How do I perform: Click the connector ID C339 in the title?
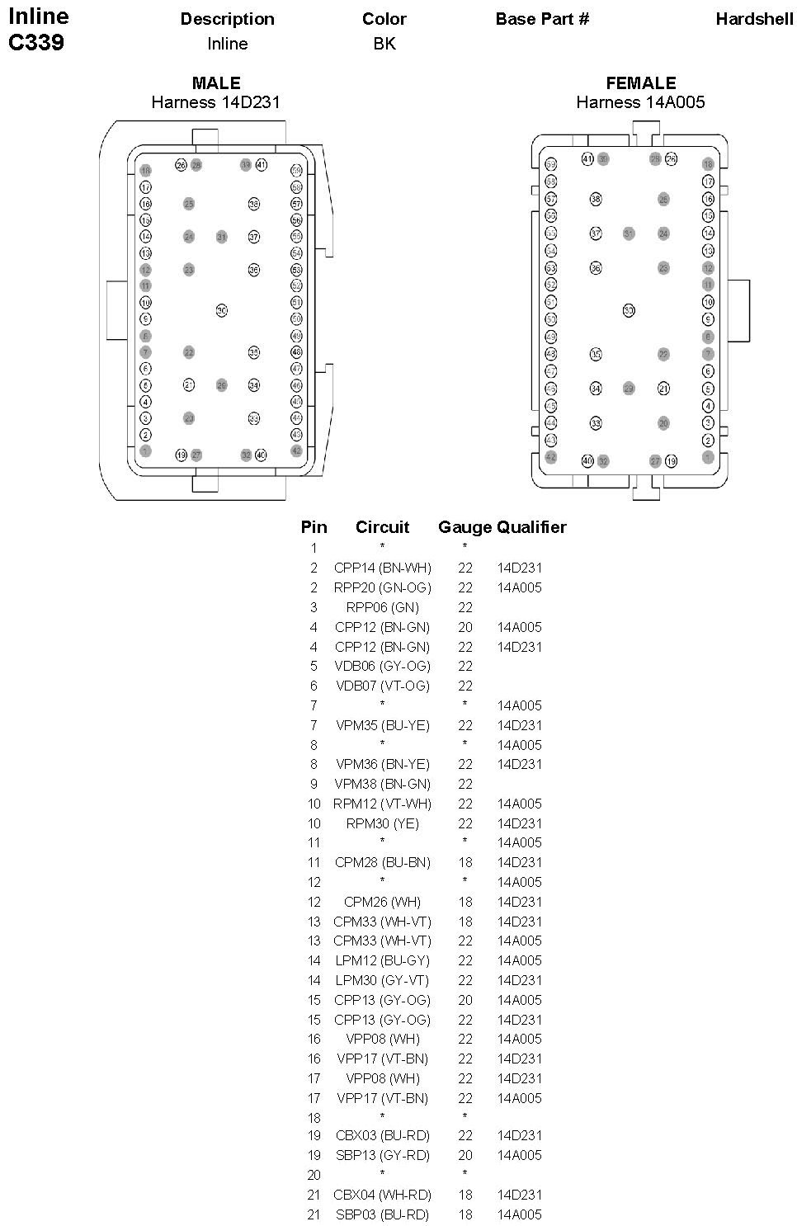click(36, 43)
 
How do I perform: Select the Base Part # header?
click(542, 19)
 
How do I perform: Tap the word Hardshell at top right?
click(754, 19)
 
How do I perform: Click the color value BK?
click(384, 44)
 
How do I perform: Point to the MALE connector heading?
click(216, 83)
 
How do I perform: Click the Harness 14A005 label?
click(640, 102)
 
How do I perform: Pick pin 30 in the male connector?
click(222, 310)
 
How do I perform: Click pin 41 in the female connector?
click(587, 158)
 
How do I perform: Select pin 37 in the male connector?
click(254, 237)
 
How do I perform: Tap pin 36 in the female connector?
click(596, 267)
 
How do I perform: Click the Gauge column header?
click(465, 527)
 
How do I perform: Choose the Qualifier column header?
click(531, 527)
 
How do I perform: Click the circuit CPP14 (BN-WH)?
click(382, 568)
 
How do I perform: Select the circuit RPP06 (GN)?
click(382, 607)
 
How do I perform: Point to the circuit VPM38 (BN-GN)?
click(382, 784)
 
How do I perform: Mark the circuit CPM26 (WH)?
click(382, 902)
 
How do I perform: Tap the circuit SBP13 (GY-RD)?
click(382, 1155)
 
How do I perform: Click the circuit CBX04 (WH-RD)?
click(382, 1195)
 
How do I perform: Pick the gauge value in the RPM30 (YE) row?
click(465, 823)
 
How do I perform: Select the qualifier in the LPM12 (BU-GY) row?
click(519, 960)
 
